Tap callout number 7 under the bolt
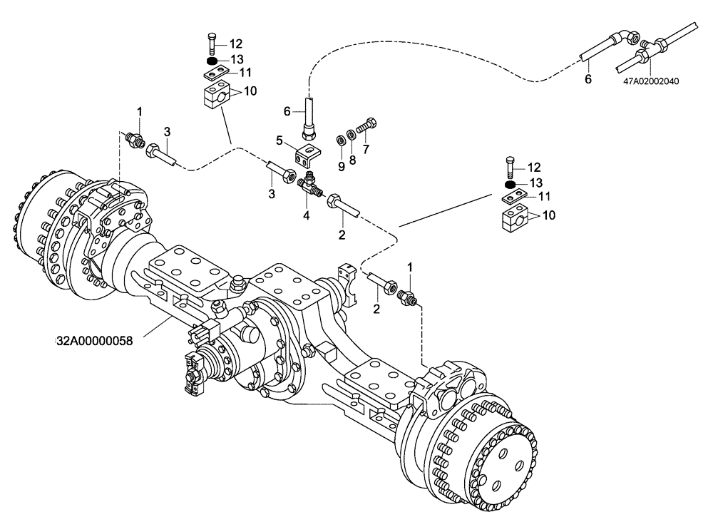366,150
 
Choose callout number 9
341,165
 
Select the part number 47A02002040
650,81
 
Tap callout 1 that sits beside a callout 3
140,111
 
